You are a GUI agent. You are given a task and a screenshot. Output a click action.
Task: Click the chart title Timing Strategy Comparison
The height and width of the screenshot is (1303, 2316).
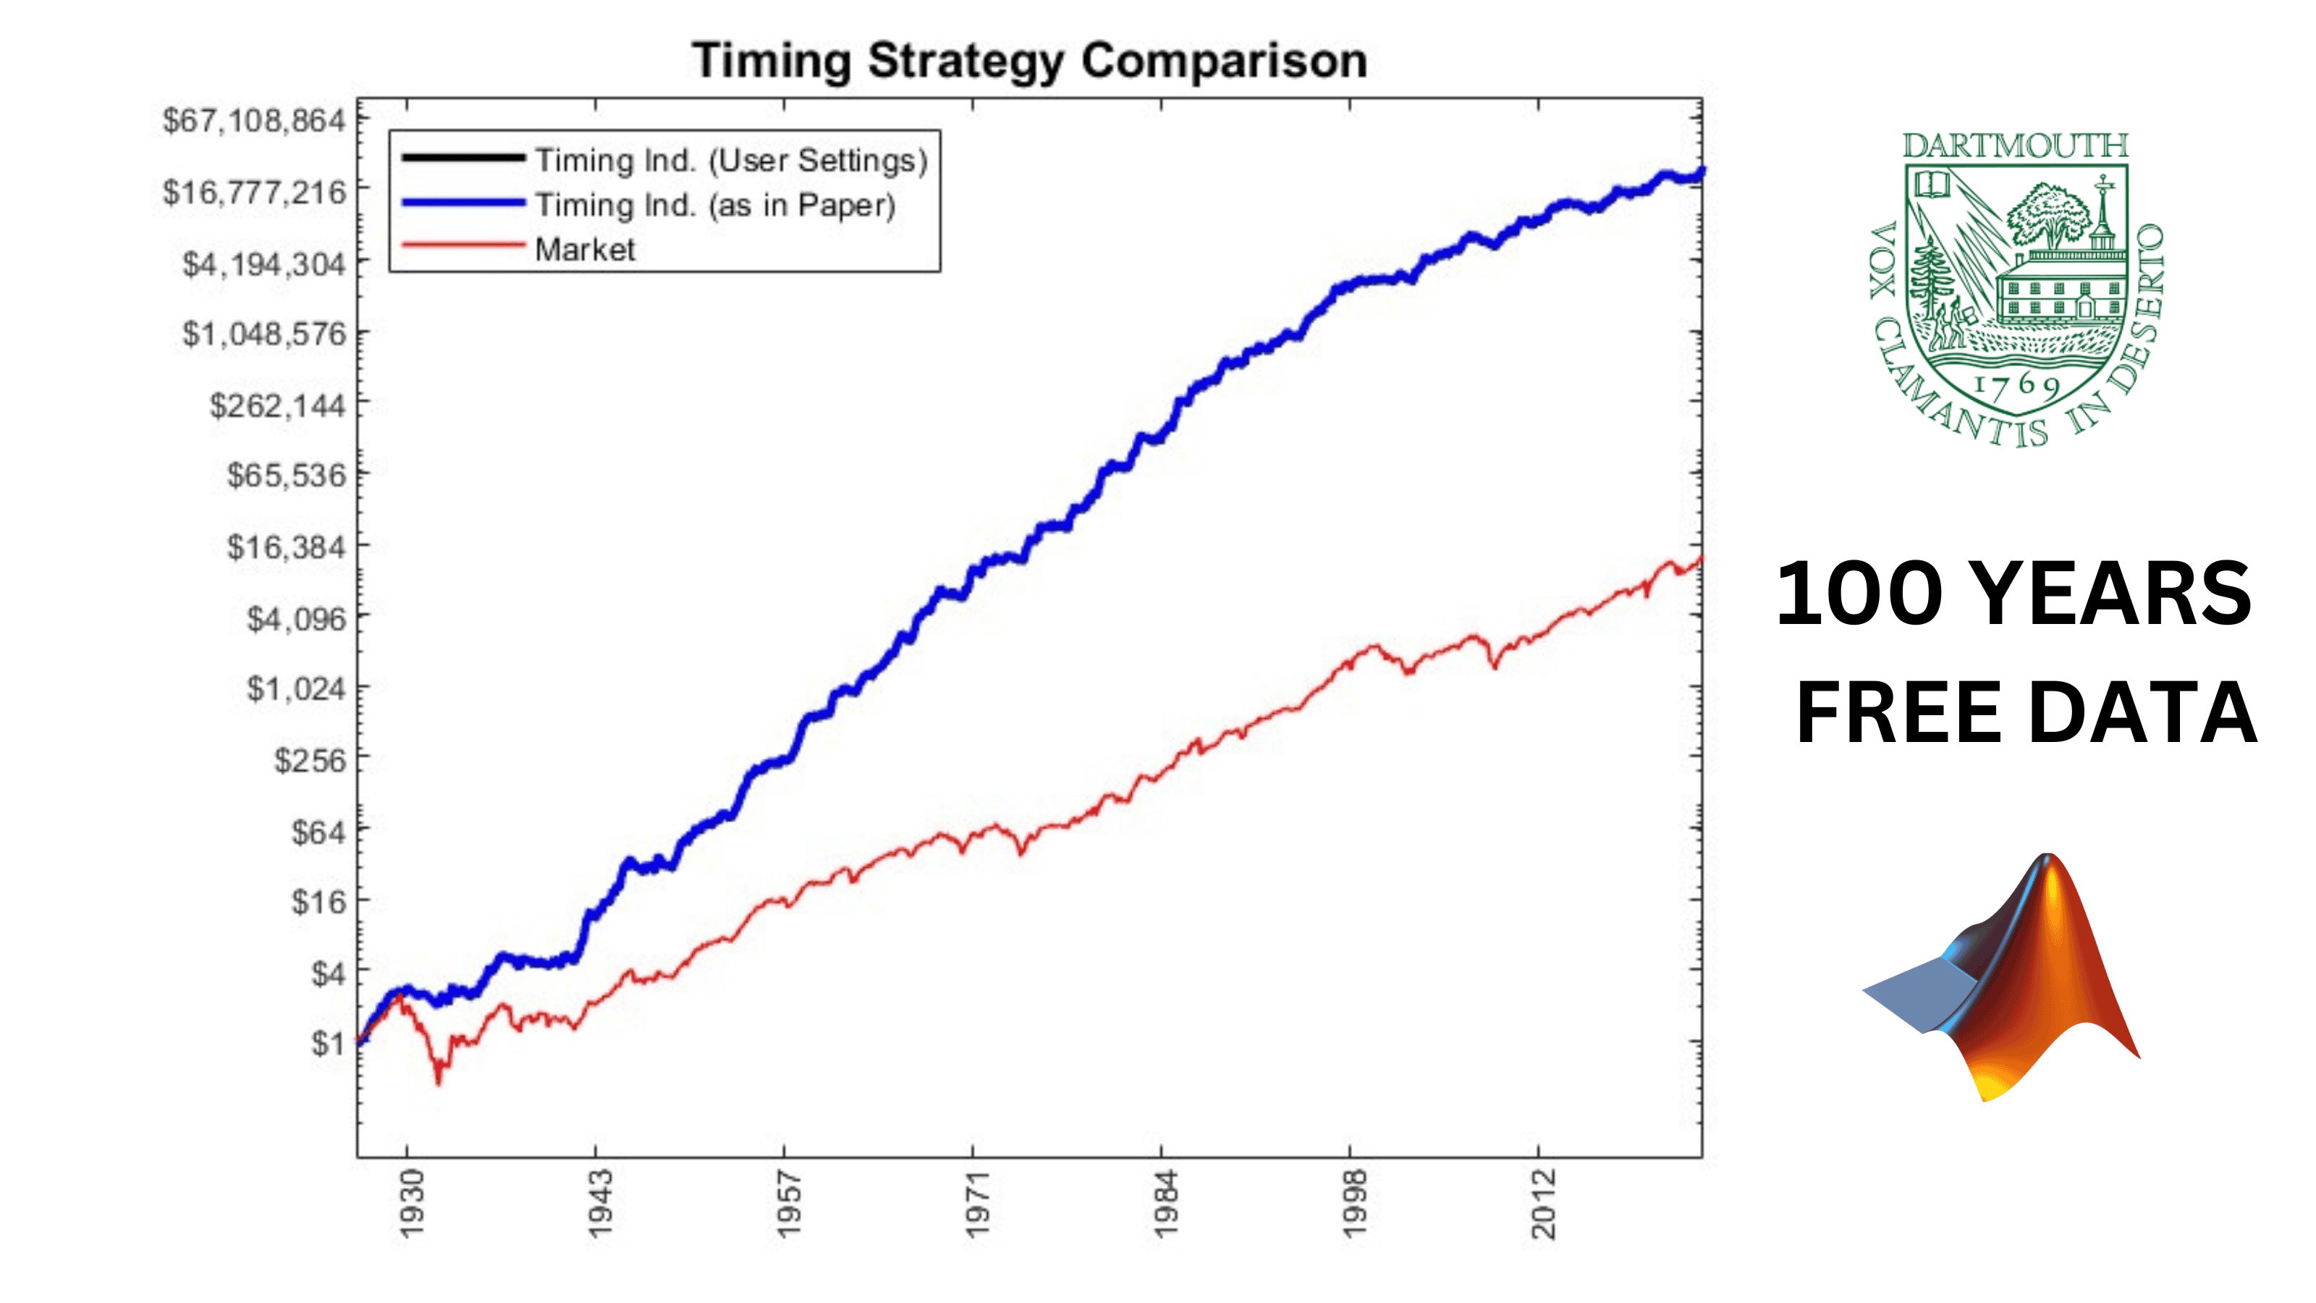pyautogui.click(x=1029, y=61)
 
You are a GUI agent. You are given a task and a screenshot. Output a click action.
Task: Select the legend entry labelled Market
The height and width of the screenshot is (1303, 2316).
pyautogui.click(x=584, y=249)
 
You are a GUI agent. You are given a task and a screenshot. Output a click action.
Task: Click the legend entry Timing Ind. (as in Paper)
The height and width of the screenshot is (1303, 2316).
pyautogui.click(x=715, y=205)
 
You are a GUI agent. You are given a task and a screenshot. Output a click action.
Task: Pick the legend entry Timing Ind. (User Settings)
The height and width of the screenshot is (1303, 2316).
pyautogui.click(x=731, y=160)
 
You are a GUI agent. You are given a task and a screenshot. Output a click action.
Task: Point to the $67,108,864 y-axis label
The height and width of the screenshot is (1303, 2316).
pyautogui.click(x=253, y=119)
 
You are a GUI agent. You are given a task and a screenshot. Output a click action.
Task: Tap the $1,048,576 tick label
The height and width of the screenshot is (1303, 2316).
pyautogui.click(x=263, y=334)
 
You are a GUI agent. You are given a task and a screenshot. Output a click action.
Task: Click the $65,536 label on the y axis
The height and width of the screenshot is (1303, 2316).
pyautogui.click(x=286, y=475)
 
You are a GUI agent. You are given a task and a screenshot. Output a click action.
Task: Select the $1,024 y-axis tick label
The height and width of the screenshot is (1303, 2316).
pyautogui.click(x=296, y=689)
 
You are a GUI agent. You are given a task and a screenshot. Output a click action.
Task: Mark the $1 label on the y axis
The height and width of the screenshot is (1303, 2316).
pyautogui.click(x=327, y=1043)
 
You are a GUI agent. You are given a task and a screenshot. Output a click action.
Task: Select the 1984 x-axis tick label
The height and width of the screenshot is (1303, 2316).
pyautogui.click(x=1165, y=1203)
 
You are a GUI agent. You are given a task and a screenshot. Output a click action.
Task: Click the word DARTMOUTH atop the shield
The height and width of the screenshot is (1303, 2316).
pyautogui.click(x=2015, y=146)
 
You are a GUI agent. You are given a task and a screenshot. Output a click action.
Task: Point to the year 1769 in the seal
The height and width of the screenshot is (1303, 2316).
pyautogui.click(x=2016, y=386)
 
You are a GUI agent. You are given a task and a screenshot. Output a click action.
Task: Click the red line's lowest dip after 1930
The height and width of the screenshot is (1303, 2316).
pyautogui.click(x=439, y=1081)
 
